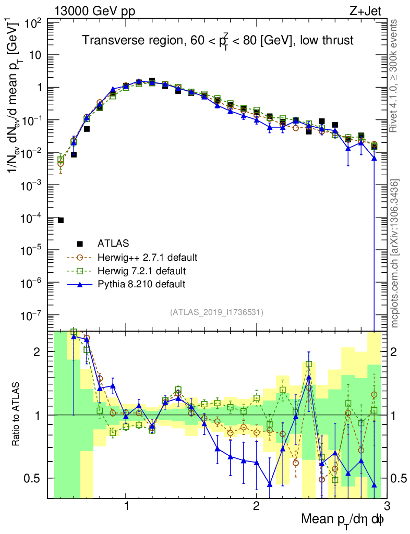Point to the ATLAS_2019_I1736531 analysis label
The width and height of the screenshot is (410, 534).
pyautogui.click(x=216, y=312)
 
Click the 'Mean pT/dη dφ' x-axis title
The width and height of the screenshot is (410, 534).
pyautogui.click(x=343, y=519)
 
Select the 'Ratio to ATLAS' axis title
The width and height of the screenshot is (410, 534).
pyautogui.click(x=17, y=415)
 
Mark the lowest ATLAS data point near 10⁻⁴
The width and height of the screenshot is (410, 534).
pyautogui.click(x=61, y=220)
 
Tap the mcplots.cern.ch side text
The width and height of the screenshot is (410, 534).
pyautogui.click(x=395, y=253)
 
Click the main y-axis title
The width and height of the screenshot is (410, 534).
pyautogui.click(x=17, y=120)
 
